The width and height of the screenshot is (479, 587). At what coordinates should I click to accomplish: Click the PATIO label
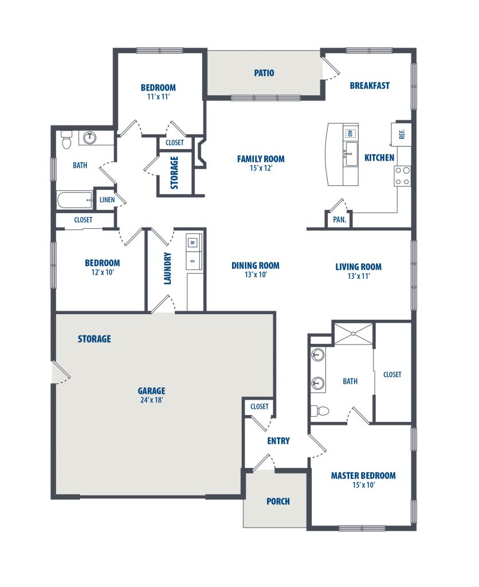click(264, 73)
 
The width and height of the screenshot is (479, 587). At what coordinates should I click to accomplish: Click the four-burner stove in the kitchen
click(402, 176)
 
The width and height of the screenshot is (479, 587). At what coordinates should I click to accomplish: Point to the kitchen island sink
click(351, 154)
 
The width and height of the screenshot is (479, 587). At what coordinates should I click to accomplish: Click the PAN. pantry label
click(339, 220)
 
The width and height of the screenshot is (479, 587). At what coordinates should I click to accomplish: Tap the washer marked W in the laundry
click(193, 242)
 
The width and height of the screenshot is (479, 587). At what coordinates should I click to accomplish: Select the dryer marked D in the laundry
click(193, 261)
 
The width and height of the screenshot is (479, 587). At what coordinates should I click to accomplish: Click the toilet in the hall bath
click(66, 139)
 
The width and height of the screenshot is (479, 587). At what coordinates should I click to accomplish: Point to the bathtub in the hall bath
click(75, 200)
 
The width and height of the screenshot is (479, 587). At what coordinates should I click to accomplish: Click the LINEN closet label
click(107, 200)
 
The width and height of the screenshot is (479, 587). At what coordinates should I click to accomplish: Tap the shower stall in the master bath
click(354, 334)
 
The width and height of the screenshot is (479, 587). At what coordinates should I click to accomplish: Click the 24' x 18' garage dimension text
click(152, 400)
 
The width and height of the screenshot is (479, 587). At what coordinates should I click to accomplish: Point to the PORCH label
click(278, 501)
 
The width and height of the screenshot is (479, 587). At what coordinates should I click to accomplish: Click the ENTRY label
click(278, 441)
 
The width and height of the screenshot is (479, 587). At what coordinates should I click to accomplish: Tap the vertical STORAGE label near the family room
click(174, 173)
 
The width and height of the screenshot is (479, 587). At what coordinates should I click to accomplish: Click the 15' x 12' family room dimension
click(261, 168)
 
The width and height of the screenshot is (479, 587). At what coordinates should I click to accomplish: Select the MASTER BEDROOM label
click(363, 476)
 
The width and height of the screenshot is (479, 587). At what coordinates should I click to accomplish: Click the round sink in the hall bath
click(90, 138)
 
